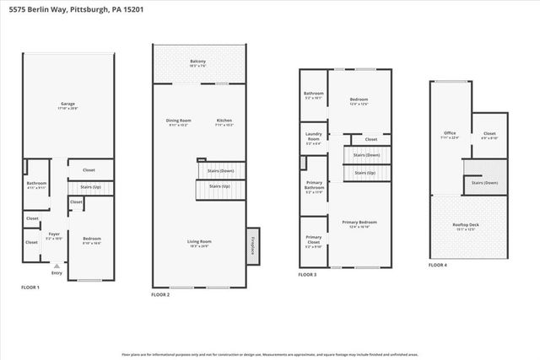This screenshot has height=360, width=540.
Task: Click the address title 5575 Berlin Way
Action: click(69, 9)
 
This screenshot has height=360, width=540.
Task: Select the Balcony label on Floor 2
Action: click(197, 62)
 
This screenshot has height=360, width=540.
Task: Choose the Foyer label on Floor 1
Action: click(53, 235)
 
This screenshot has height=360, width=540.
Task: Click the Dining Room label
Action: click(177, 121)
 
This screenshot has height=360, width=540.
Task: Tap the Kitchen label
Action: click(224, 121)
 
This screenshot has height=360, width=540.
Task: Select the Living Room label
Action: click(199, 243)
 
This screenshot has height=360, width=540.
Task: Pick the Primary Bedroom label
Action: click(359, 223)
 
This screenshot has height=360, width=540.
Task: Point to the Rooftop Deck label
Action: click(467, 227)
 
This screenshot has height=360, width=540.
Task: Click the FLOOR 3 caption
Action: click(308, 275)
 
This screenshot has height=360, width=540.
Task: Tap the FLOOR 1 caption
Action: click(30, 287)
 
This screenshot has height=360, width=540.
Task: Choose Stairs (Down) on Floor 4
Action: click(484, 183)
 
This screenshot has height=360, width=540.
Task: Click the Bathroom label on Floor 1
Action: click(35, 185)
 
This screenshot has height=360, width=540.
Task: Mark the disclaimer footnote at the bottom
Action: click(270, 353)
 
